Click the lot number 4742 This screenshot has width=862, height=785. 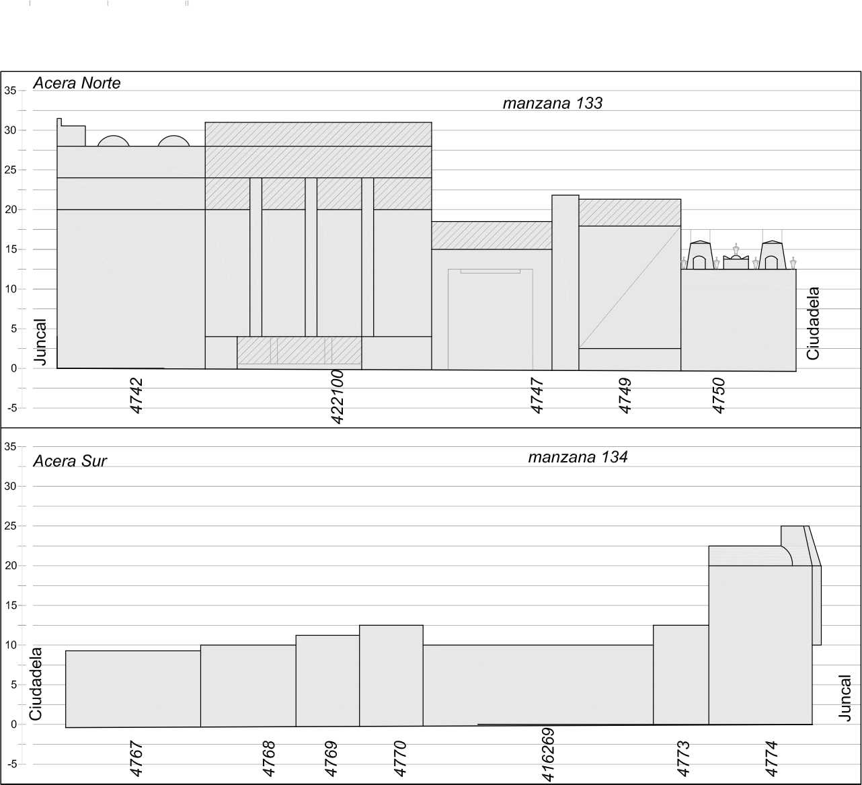pos(136,395)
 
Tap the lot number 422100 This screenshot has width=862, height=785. pos(338,397)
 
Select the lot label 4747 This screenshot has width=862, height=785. pos(537,395)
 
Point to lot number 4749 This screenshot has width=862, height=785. pos(625,395)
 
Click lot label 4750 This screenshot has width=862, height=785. pos(719,395)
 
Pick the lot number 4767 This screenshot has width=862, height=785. pos(136,758)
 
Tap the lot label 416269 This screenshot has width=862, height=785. pos(548,755)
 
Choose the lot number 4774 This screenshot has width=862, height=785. pos(771,758)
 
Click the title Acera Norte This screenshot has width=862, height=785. pos(77,83)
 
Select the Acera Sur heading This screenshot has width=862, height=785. pos(70,461)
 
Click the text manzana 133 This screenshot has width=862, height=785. pos(553,104)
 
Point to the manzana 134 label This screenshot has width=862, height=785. pos(578,458)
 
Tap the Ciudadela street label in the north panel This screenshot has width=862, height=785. pos(813,323)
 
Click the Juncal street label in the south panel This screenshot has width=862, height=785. pos(845,698)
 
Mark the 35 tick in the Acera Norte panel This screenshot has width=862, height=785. pos(10,91)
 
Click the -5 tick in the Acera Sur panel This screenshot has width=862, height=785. pos(10,764)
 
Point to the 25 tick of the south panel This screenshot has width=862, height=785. pos(10,526)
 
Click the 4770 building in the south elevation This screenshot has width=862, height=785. pos(391,675)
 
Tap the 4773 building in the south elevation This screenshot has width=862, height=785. pos(681,675)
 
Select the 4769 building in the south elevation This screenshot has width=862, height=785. pos(327,680)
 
